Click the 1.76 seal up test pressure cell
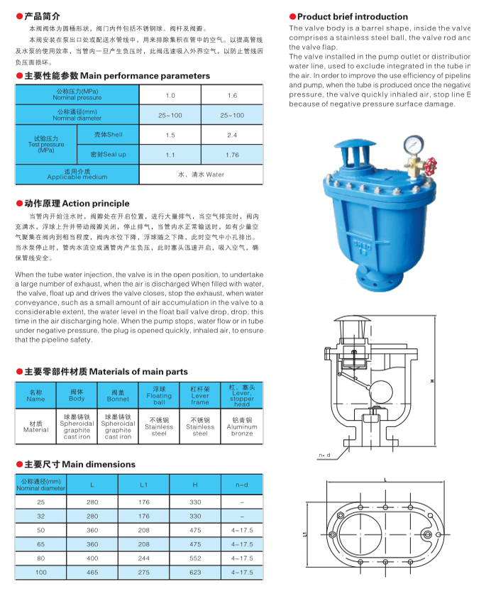click(x=232, y=155)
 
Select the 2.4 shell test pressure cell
click(x=232, y=135)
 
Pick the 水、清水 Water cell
click(x=201, y=174)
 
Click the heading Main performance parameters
click(x=117, y=76)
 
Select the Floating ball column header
click(x=159, y=396)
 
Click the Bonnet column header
click(x=118, y=396)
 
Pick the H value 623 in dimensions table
click(x=196, y=572)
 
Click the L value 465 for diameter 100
click(x=92, y=572)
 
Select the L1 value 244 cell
click(x=144, y=558)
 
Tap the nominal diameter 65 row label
click(x=41, y=544)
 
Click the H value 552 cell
click(x=196, y=558)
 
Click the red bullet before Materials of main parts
click(x=19, y=372)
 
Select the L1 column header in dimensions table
click(x=144, y=485)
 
